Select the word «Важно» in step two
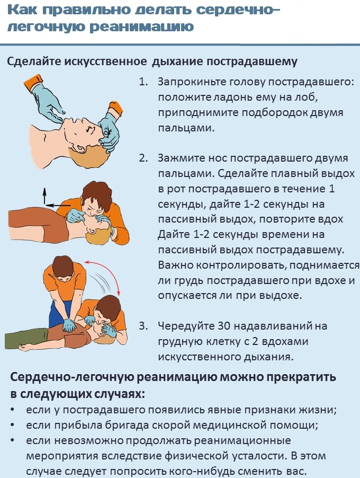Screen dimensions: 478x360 (x=174, y=264)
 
